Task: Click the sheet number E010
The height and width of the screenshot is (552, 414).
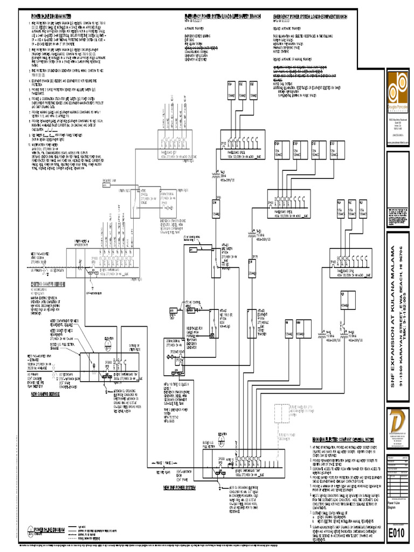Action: coord(397,533)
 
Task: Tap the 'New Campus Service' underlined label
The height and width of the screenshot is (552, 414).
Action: coord(48,394)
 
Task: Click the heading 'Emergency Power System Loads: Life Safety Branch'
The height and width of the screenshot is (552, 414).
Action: coord(223,17)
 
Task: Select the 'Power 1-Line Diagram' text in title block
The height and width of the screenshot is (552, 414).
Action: coord(395,504)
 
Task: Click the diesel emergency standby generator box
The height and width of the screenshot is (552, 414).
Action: coord(174,350)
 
